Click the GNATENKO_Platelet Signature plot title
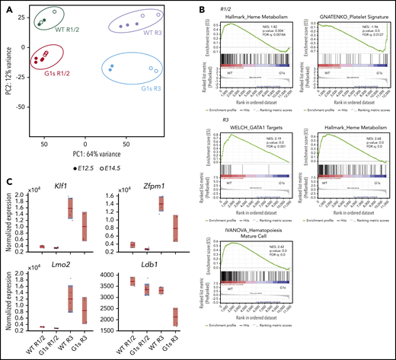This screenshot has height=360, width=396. click(x=341, y=16)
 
